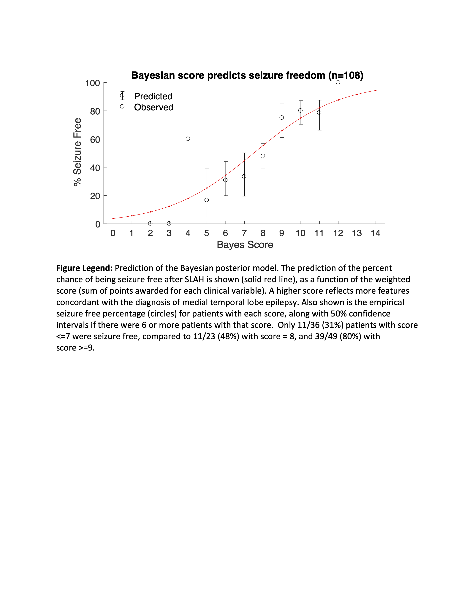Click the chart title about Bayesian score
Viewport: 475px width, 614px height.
pyautogui.click(x=247, y=75)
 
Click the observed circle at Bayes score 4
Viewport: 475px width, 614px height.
pyautogui.click(x=188, y=139)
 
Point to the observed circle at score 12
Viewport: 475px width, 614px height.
pyautogui.click(x=338, y=82)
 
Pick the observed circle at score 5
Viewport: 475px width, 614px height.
pyautogui.click(x=207, y=200)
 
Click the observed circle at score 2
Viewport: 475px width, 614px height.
pyautogui.click(x=150, y=223)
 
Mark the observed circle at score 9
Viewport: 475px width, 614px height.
pyautogui.click(x=282, y=118)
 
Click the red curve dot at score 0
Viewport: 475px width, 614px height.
pyautogui.click(x=113, y=218)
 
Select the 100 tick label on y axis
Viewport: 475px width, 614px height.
pyautogui.click(x=93, y=83)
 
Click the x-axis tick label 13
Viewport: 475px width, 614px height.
pyautogui.click(x=357, y=233)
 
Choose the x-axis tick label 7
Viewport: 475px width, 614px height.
pyautogui.click(x=244, y=233)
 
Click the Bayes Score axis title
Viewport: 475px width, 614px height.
pyautogui.click(x=245, y=245)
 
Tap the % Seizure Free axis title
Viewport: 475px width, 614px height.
pyautogui.click(x=77, y=152)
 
